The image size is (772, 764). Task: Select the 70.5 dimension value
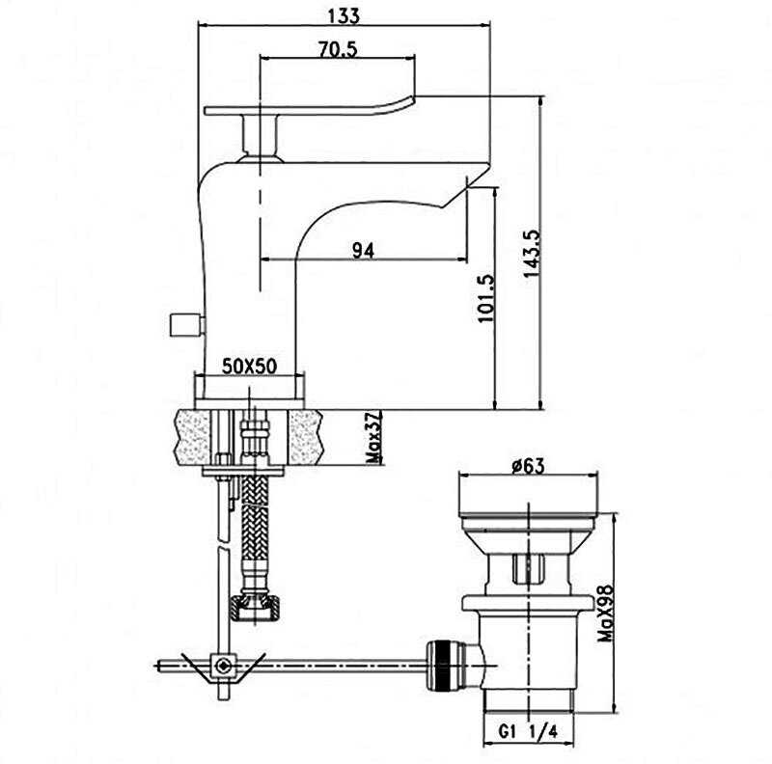[x=338, y=50]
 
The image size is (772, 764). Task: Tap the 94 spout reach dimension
[x=362, y=250]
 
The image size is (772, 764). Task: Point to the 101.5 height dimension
[x=486, y=299]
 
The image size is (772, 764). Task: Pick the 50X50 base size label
[x=250, y=366]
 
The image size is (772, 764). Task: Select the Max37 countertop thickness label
[x=374, y=438]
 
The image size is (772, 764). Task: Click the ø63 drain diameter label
[x=528, y=467]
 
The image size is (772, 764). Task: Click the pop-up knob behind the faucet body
[x=183, y=324]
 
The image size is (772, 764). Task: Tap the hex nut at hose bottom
[x=255, y=608]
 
